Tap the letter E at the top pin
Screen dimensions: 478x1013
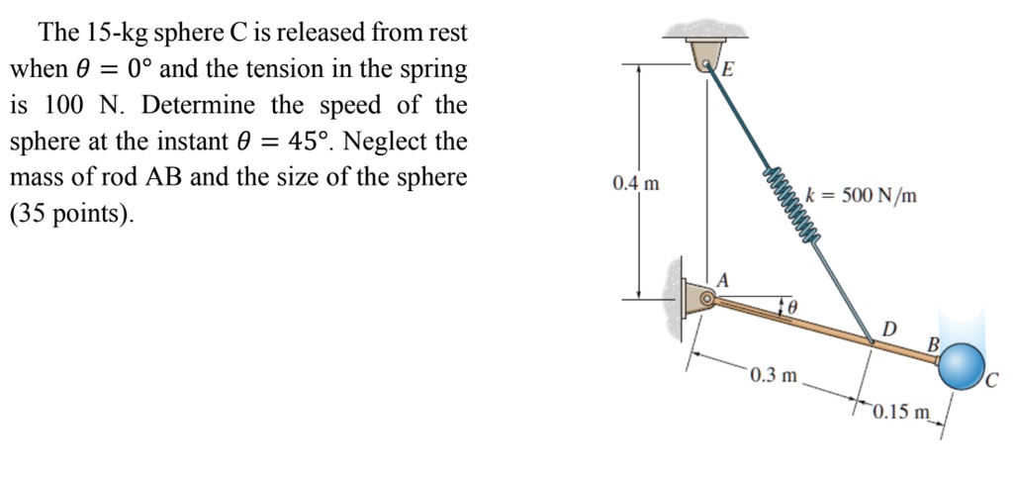point(727,69)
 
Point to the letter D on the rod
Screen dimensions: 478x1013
point(888,328)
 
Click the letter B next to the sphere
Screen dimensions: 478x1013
point(931,344)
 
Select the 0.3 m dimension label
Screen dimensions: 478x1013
point(773,375)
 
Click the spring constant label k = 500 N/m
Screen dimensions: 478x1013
point(861,196)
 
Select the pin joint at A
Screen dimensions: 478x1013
point(704,297)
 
